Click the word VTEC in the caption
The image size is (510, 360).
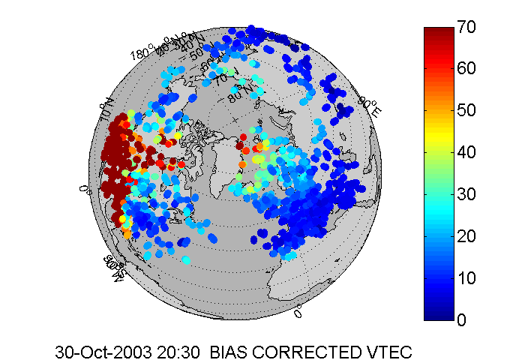[x=391, y=351]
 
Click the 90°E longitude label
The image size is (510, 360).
[x=372, y=106]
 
